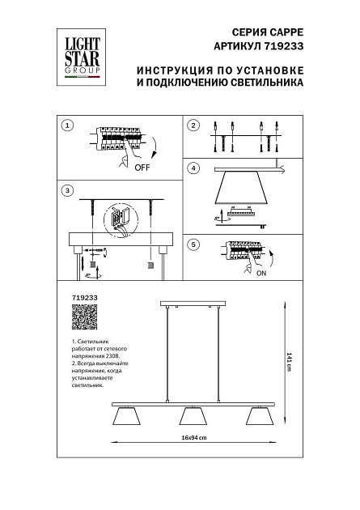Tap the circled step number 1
tap(68, 125)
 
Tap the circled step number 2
tap(193, 125)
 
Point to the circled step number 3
tap(68, 190)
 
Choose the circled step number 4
tap(193, 168)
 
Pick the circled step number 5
tap(193, 244)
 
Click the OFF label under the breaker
tap(142, 168)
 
